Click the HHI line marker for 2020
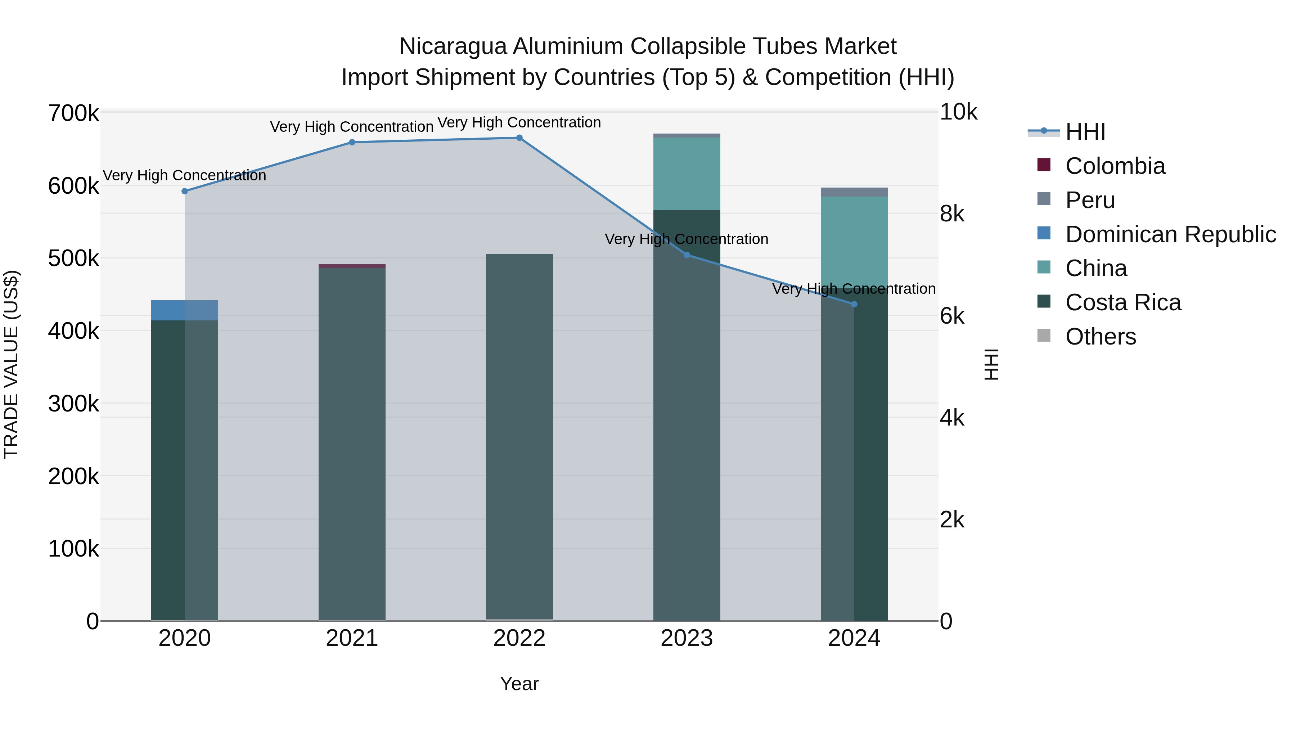pos(185,191)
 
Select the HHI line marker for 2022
pos(519,138)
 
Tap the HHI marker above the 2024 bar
pos(854,304)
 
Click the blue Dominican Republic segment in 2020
pos(185,310)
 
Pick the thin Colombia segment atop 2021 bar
pos(352,266)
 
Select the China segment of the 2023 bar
pos(687,174)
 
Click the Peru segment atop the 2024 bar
pos(854,192)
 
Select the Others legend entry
pos(1100,337)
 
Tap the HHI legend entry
pos(1085,132)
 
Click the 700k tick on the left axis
pos(73,114)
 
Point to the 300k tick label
pos(73,404)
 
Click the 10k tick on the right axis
pos(958,112)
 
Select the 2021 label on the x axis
pos(352,638)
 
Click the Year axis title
pos(519,684)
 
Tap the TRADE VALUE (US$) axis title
pos(11,364)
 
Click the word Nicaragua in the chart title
pos(453,46)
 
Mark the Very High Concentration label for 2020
pos(185,176)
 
